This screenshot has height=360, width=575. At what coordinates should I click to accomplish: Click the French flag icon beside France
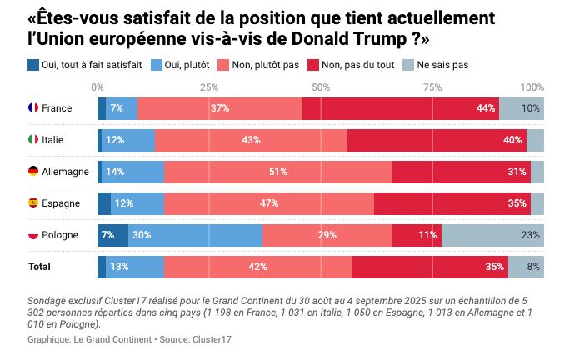[x=33, y=108]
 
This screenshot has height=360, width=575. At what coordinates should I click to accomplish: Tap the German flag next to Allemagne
[x=33, y=172]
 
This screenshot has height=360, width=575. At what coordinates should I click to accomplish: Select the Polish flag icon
[x=33, y=235]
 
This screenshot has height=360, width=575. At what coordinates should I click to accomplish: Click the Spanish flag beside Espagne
[x=33, y=203]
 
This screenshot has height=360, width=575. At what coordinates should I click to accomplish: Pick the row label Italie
[x=53, y=140]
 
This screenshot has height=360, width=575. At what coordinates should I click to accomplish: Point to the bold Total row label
[x=39, y=267]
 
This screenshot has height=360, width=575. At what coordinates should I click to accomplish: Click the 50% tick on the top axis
[x=321, y=87]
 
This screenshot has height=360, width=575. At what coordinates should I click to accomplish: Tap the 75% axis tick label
[x=432, y=87]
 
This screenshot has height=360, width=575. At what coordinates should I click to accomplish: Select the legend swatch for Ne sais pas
[x=407, y=65]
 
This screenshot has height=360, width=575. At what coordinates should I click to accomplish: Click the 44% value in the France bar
[x=486, y=108]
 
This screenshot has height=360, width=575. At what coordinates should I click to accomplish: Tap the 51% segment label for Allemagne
[x=278, y=172]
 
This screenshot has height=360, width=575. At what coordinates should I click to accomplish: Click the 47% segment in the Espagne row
[x=269, y=203]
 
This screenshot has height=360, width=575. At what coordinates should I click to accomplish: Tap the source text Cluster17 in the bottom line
[x=212, y=339]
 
